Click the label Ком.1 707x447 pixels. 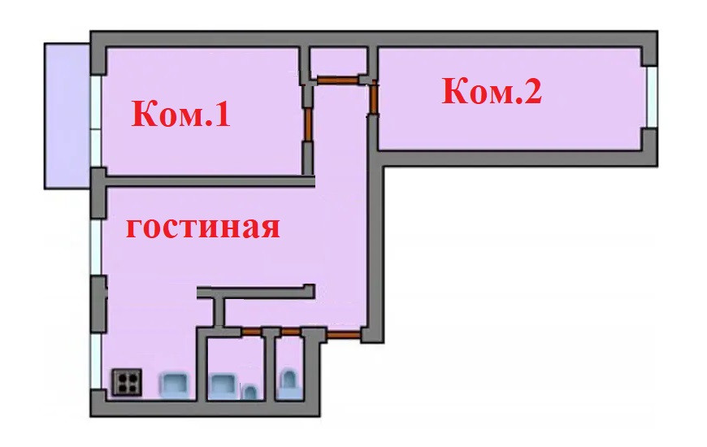[181, 115]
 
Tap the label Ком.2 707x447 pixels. [491, 92]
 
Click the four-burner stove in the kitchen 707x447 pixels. [126, 382]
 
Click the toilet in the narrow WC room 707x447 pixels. [289, 382]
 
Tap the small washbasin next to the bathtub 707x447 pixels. [251, 393]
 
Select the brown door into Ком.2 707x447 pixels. [373, 99]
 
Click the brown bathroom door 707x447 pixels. [253, 331]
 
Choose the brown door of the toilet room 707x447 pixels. [291, 331]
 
